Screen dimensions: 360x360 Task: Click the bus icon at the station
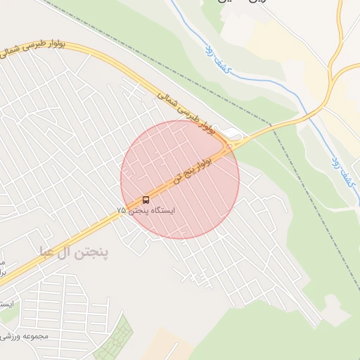coord(146,200)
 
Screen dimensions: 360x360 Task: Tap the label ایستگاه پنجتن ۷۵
coord(146,210)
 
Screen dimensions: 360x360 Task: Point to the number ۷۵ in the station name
coord(122,210)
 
